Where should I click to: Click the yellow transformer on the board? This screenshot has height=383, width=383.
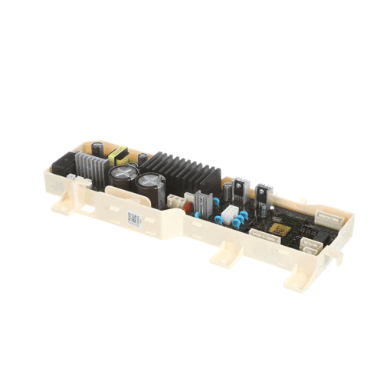click(x=118, y=158)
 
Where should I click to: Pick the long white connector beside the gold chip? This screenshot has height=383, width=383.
click(x=262, y=235)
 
